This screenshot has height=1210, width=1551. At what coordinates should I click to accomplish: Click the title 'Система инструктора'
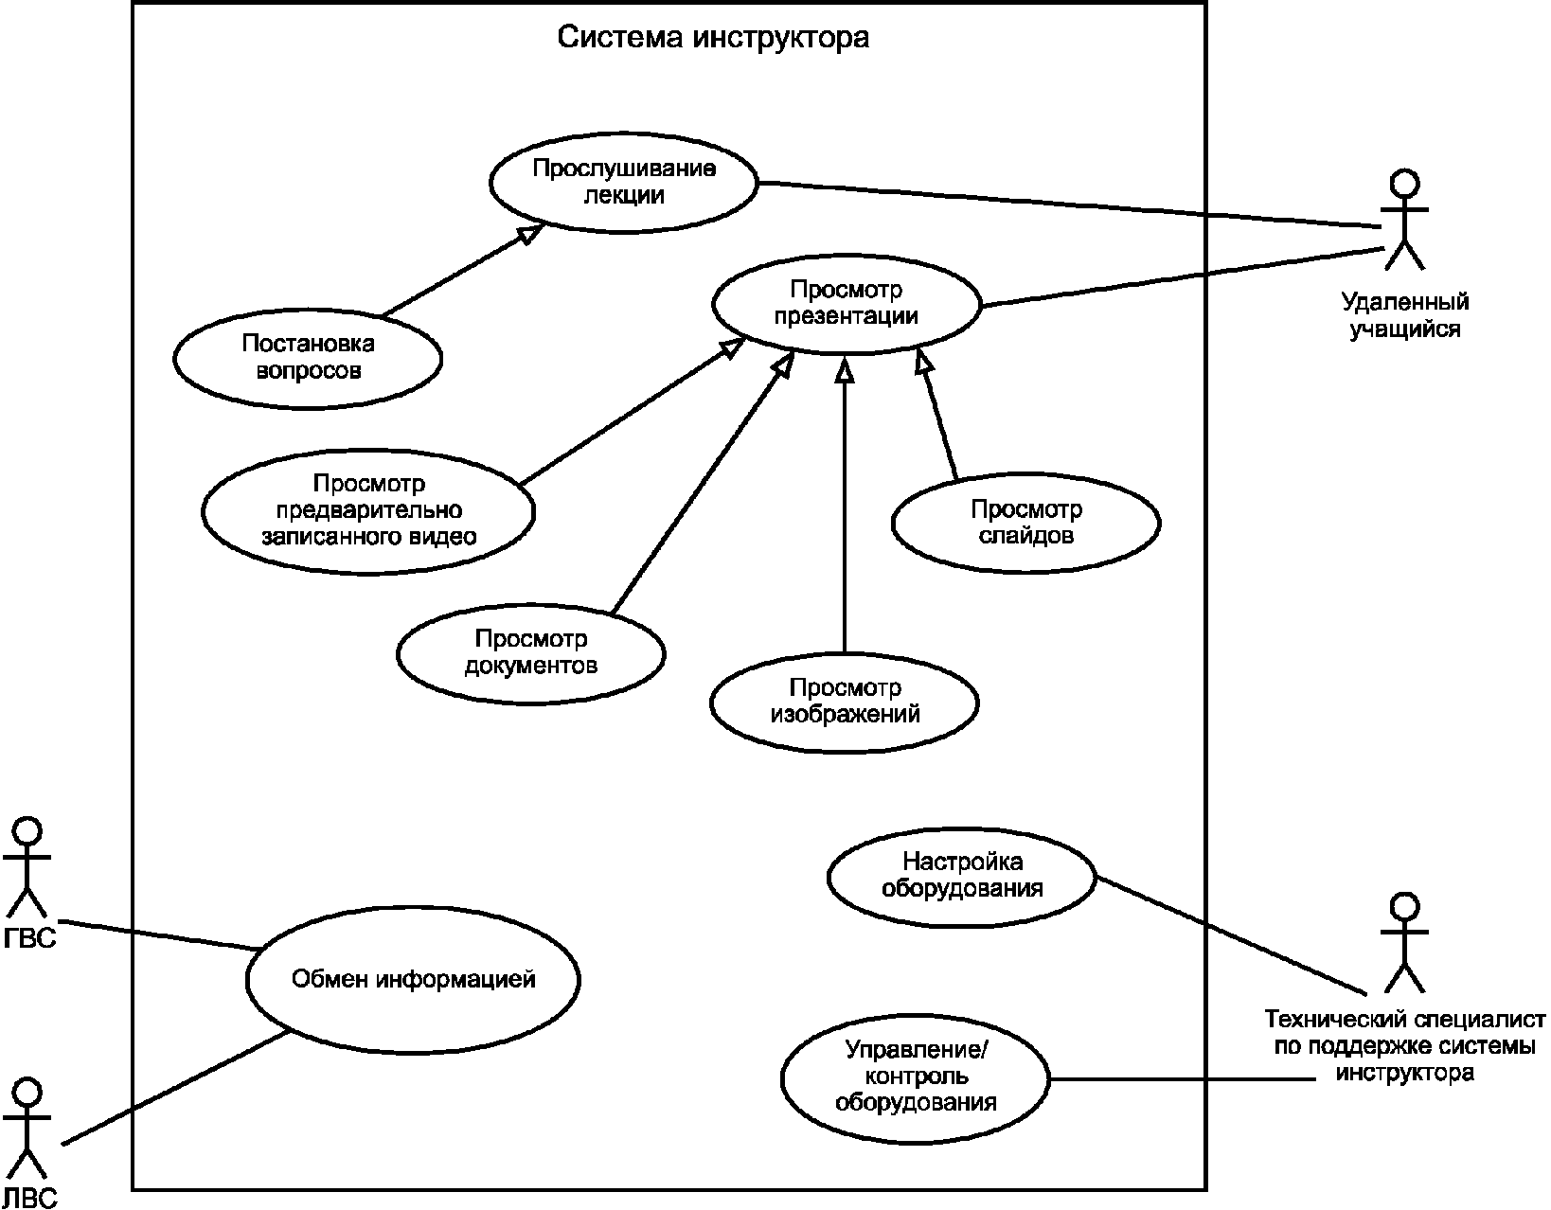(713, 38)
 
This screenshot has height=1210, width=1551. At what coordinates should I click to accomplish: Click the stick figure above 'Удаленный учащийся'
(1404, 220)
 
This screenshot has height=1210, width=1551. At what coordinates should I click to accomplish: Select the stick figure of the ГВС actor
(27, 867)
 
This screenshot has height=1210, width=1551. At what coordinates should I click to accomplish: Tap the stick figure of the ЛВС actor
(27, 1129)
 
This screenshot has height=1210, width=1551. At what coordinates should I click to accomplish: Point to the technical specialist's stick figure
(1404, 942)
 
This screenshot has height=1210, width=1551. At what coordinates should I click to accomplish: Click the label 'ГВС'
(30, 938)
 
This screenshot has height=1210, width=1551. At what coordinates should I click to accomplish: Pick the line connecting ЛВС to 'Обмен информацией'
(176, 1087)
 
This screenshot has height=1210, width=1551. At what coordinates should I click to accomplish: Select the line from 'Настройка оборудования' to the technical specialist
(1231, 935)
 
